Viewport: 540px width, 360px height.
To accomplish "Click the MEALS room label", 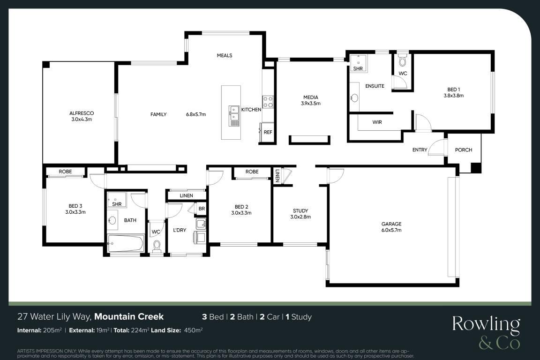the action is (x=225, y=55).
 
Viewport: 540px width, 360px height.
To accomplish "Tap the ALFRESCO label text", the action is (x=82, y=113).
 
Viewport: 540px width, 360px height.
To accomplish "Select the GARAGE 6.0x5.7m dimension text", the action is (x=391, y=230).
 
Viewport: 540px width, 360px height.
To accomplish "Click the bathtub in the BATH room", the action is (x=125, y=244).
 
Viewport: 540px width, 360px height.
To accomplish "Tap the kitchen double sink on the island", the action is (x=234, y=116).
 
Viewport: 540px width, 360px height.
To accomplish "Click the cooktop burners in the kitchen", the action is (x=268, y=102).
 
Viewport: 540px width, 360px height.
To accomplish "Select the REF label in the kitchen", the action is (x=268, y=132).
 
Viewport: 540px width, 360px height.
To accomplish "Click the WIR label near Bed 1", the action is (x=377, y=122).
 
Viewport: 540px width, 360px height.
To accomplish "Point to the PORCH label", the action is (x=464, y=150).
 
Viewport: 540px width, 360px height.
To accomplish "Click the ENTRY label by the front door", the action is (x=420, y=150).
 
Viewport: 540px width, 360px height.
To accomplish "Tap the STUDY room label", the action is (x=300, y=211).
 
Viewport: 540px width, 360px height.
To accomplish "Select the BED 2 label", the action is (x=241, y=207).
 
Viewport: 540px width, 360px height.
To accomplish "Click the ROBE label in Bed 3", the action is (x=65, y=172).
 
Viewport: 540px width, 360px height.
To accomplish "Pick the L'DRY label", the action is (x=180, y=230).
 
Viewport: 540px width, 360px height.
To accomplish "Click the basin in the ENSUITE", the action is (x=354, y=98).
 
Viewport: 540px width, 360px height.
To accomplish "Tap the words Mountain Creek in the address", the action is (x=129, y=316).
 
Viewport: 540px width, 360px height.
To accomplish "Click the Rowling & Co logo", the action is (x=486, y=332).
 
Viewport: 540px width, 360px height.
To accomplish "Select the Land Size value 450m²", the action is (x=194, y=330).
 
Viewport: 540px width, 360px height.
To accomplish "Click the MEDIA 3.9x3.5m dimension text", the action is (x=311, y=103).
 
